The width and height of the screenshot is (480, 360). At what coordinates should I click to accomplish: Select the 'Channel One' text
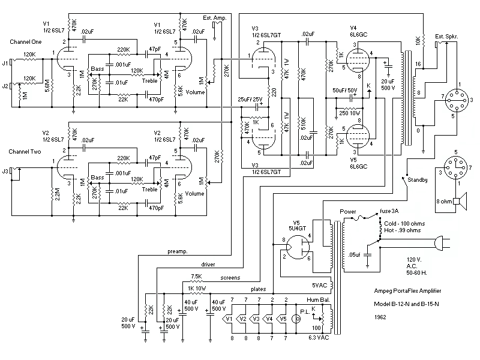pyautogui.click(x=26, y=42)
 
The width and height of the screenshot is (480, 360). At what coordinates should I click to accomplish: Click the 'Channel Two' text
pyautogui.click(x=26, y=152)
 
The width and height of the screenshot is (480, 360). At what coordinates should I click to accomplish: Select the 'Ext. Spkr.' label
pyautogui.click(x=447, y=36)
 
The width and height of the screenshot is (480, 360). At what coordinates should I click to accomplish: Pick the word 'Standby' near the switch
pyautogui.click(x=418, y=180)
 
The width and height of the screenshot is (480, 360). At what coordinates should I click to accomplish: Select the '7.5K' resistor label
pyautogui.click(x=196, y=277)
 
